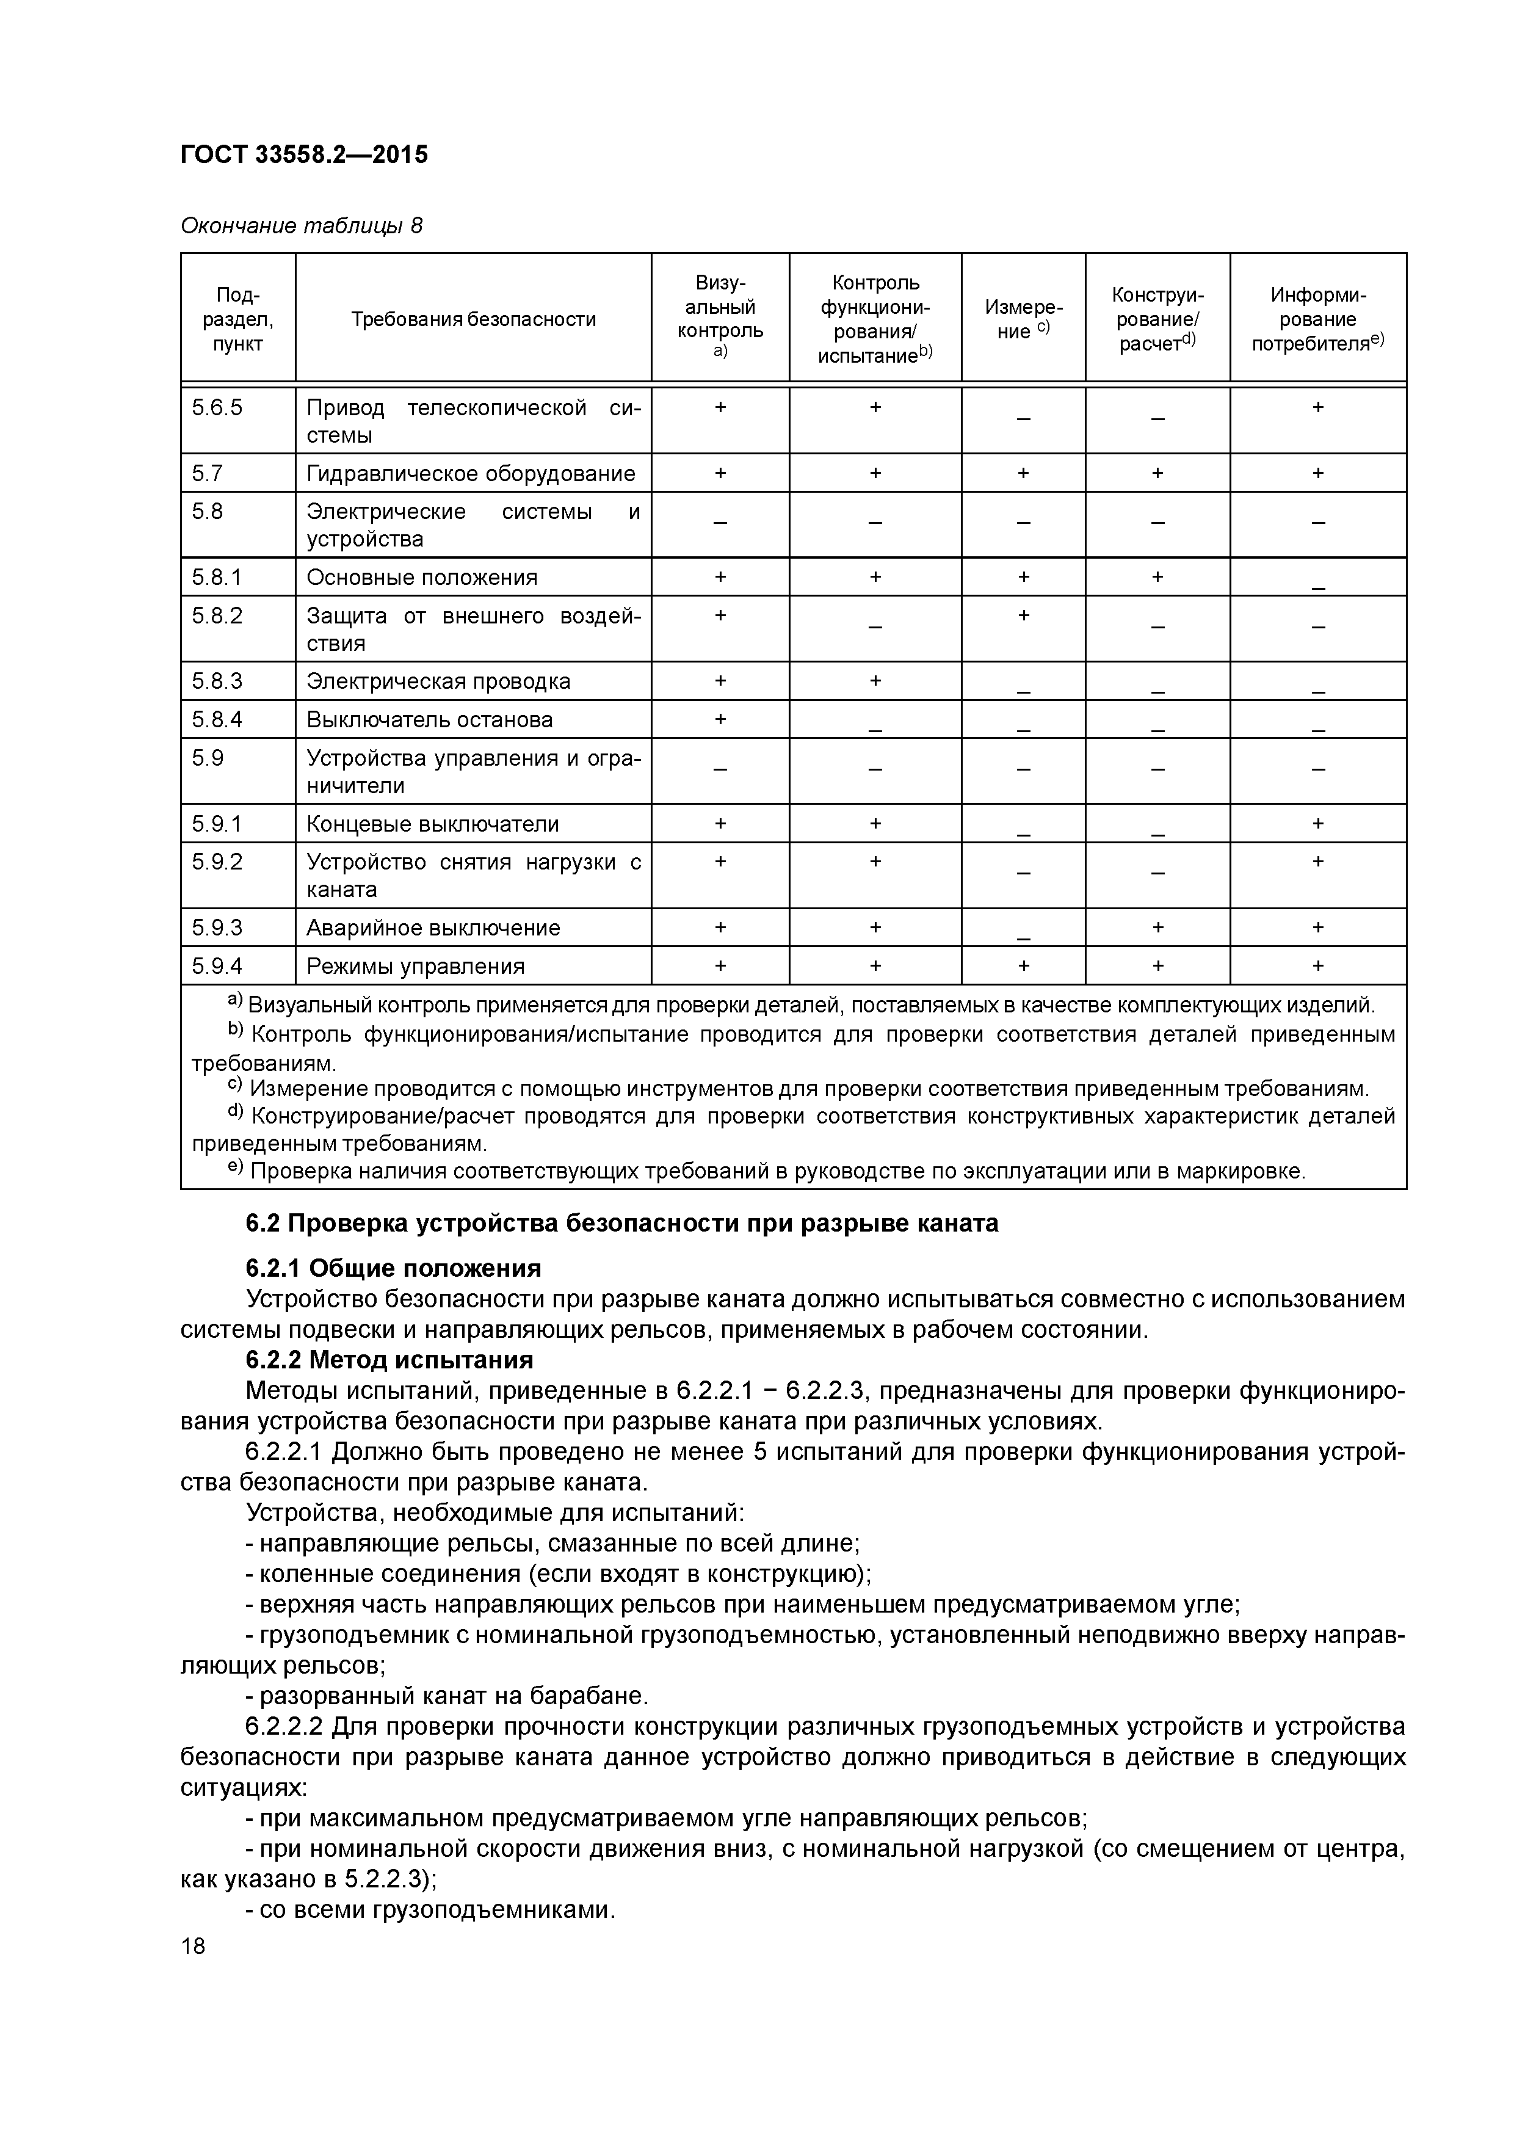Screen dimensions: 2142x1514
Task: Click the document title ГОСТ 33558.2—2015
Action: (304, 155)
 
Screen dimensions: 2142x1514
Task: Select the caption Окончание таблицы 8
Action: (300, 226)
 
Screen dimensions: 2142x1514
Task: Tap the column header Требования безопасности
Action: (473, 320)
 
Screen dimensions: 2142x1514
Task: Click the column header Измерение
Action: (1023, 319)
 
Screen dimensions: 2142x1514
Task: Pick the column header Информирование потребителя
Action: (1317, 320)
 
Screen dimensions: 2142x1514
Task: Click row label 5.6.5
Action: (217, 408)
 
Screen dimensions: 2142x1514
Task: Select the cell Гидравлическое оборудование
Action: (471, 474)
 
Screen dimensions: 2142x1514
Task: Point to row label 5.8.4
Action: (217, 719)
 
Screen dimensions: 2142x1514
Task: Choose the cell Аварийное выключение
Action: (433, 928)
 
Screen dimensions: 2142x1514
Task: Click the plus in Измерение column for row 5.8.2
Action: (1023, 615)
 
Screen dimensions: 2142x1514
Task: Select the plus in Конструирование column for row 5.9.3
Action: (1157, 928)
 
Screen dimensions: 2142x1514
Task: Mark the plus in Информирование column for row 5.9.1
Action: (1317, 824)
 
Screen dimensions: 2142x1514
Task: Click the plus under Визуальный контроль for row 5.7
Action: (720, 473)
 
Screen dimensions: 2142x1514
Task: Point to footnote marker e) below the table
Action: (234, 1168)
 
